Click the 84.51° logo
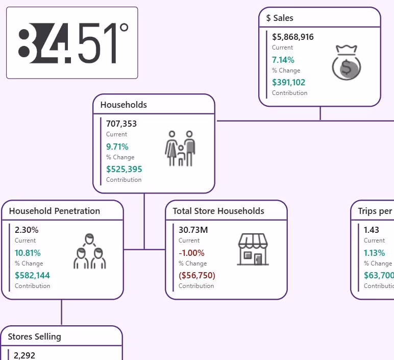click(x=72, y=43)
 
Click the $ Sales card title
click(x=280, y=18)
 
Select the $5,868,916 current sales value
click(x=293, y=37)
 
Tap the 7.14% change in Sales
click(x=283, y=60)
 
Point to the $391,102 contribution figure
click(x=289, y=82)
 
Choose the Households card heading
click(x=124, y=105)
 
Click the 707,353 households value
click(x=121, y=124)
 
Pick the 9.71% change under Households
click(x=117, y=147)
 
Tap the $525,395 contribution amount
click(x=124, y=169)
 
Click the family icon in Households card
click(x=180, y=148)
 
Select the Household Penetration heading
click(x=55, y=211)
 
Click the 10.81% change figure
click(x=28, y=253)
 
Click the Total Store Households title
click(x=218, y=211)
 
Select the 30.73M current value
click(x=193, y=230)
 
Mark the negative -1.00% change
click(x=191, y=253)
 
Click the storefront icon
click(x=253, y=250)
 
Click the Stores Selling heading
click(x=35, y=337)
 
